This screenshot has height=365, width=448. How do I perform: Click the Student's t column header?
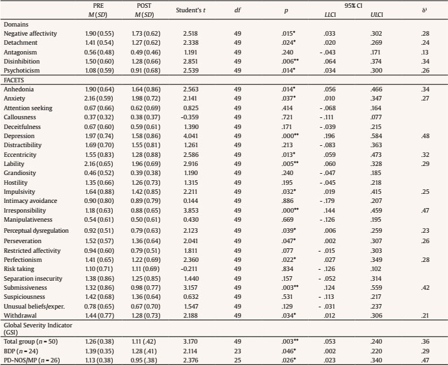click(x=195, y=10)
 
